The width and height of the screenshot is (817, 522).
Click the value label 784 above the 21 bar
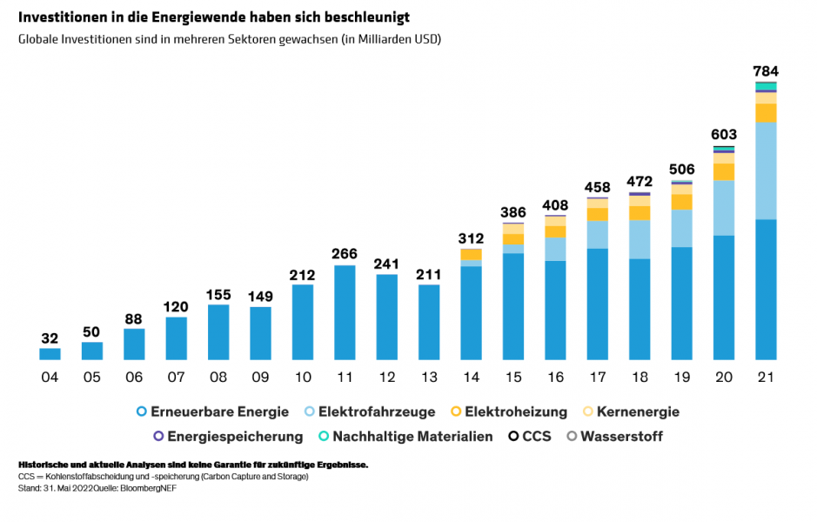coord(766,70)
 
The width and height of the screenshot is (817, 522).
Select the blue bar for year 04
coord(50,354)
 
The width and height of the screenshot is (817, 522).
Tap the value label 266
coord(345,254)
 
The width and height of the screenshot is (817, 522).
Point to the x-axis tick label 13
coord(429,377)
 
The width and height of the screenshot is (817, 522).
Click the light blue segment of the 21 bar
coord(766,171)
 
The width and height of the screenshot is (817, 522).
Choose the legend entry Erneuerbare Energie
coord(209,412)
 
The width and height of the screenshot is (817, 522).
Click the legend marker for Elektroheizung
coord(456,412)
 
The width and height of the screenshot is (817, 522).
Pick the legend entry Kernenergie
coord(631,412)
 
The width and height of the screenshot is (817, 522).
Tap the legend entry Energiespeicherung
coord(227,436)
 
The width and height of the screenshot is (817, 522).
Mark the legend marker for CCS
coord(513,436)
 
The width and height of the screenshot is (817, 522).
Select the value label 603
coord(724,134)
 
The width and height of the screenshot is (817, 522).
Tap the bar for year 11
coord(345,312)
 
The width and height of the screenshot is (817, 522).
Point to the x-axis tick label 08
coord(218,377)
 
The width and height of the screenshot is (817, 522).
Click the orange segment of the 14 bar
coord(471,254)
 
